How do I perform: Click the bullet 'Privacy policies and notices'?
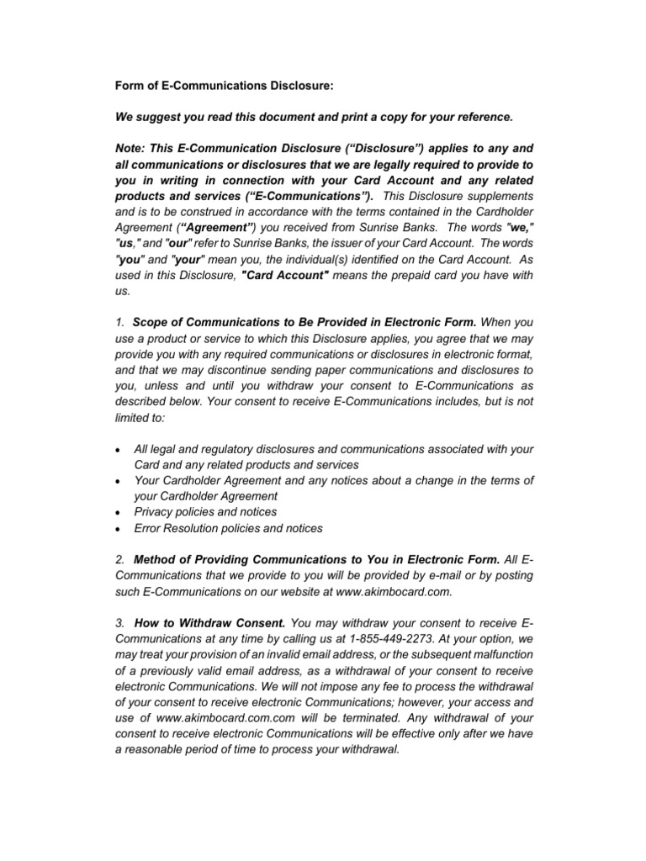pos(205,511)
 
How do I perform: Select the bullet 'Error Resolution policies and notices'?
pos(228,528)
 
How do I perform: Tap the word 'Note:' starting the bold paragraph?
pos(130,146)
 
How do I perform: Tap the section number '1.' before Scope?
pos(120,323)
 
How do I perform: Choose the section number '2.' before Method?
pos(120,559)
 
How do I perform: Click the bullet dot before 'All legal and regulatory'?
pos(117,452)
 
